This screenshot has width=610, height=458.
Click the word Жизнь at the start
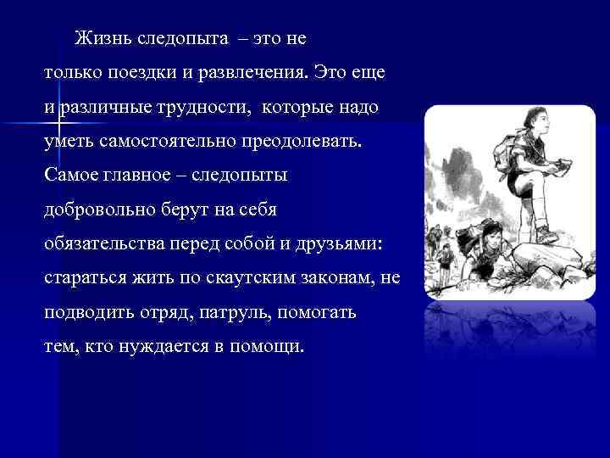pos(100,39)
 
